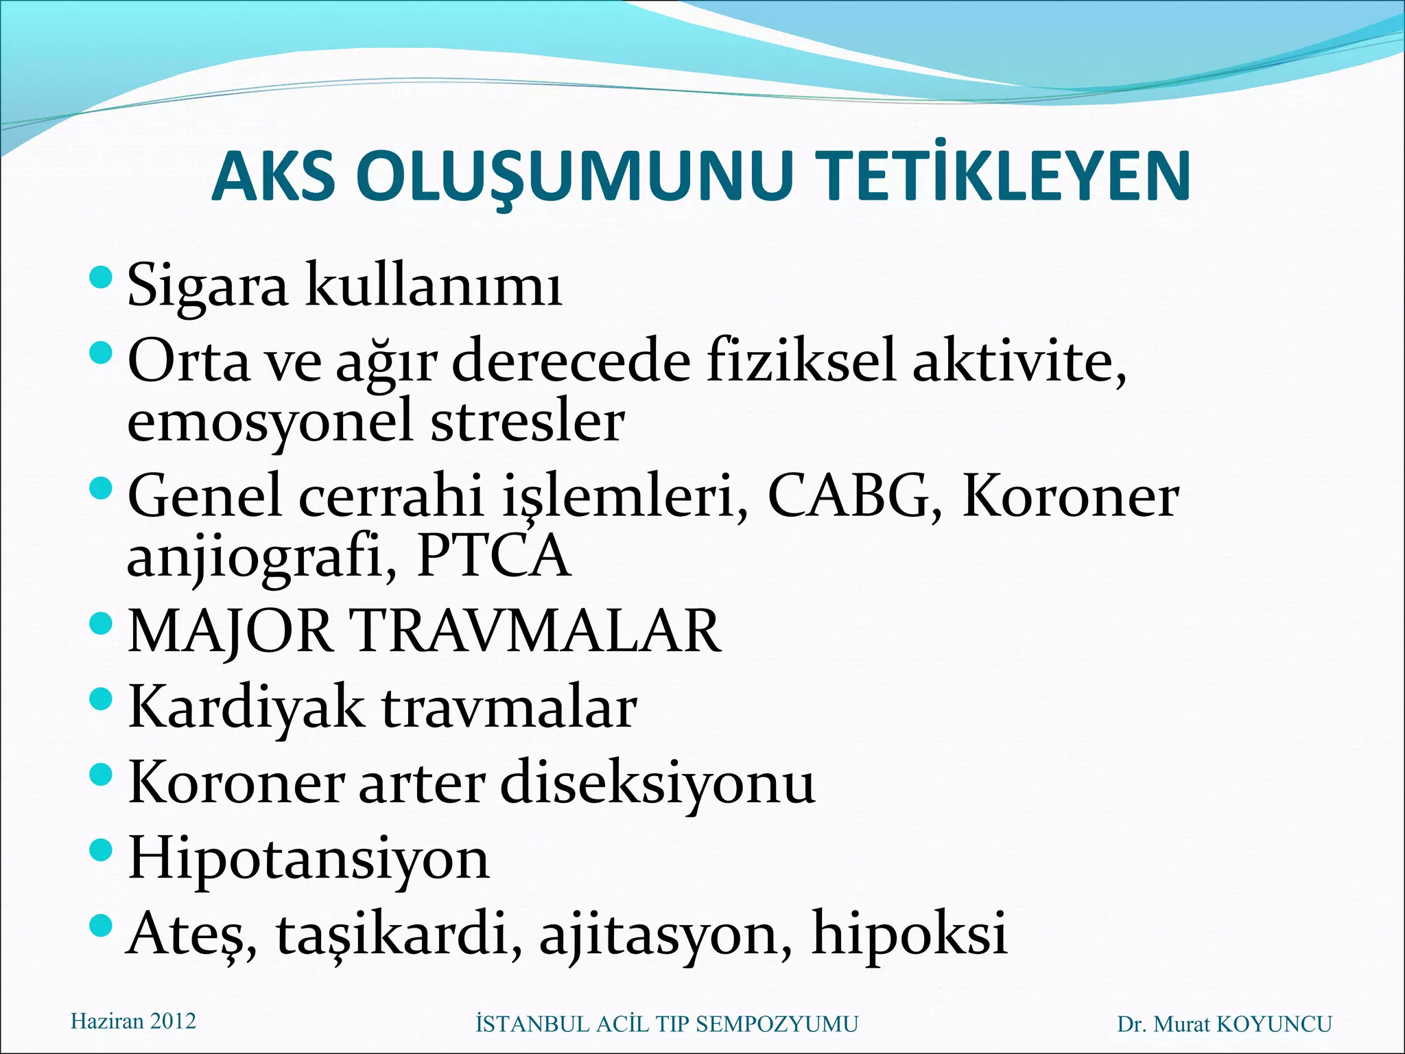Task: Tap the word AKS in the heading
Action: (x=273, y=177)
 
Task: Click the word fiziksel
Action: (x=801, y=362)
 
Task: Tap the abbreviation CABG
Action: (x=848, y=496)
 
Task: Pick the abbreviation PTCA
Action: (x=493, y=556)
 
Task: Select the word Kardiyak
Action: (x=246, y=708)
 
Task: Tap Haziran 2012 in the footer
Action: (x=133, y=1021)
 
